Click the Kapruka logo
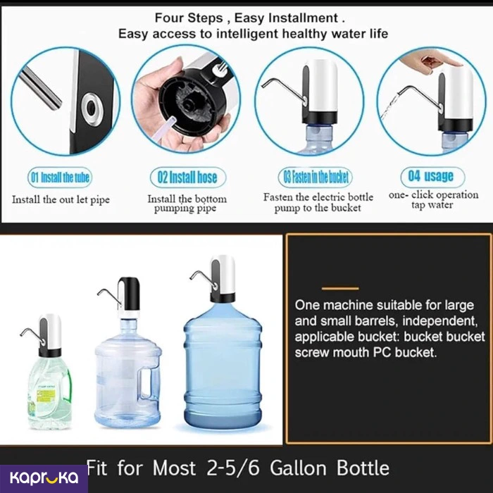pos(44,478)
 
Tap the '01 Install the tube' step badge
pos(60,177)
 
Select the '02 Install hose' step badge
pos(188,177)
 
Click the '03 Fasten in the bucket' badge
pos(316,177)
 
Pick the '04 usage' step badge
pos(432,177)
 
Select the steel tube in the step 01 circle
pos(40,89)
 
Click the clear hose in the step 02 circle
pos(170,128)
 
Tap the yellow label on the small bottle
pos(46,396)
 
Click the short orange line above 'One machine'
pos(340,288)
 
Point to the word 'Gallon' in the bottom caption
pos(298,468)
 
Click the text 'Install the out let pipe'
pos(61,199)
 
